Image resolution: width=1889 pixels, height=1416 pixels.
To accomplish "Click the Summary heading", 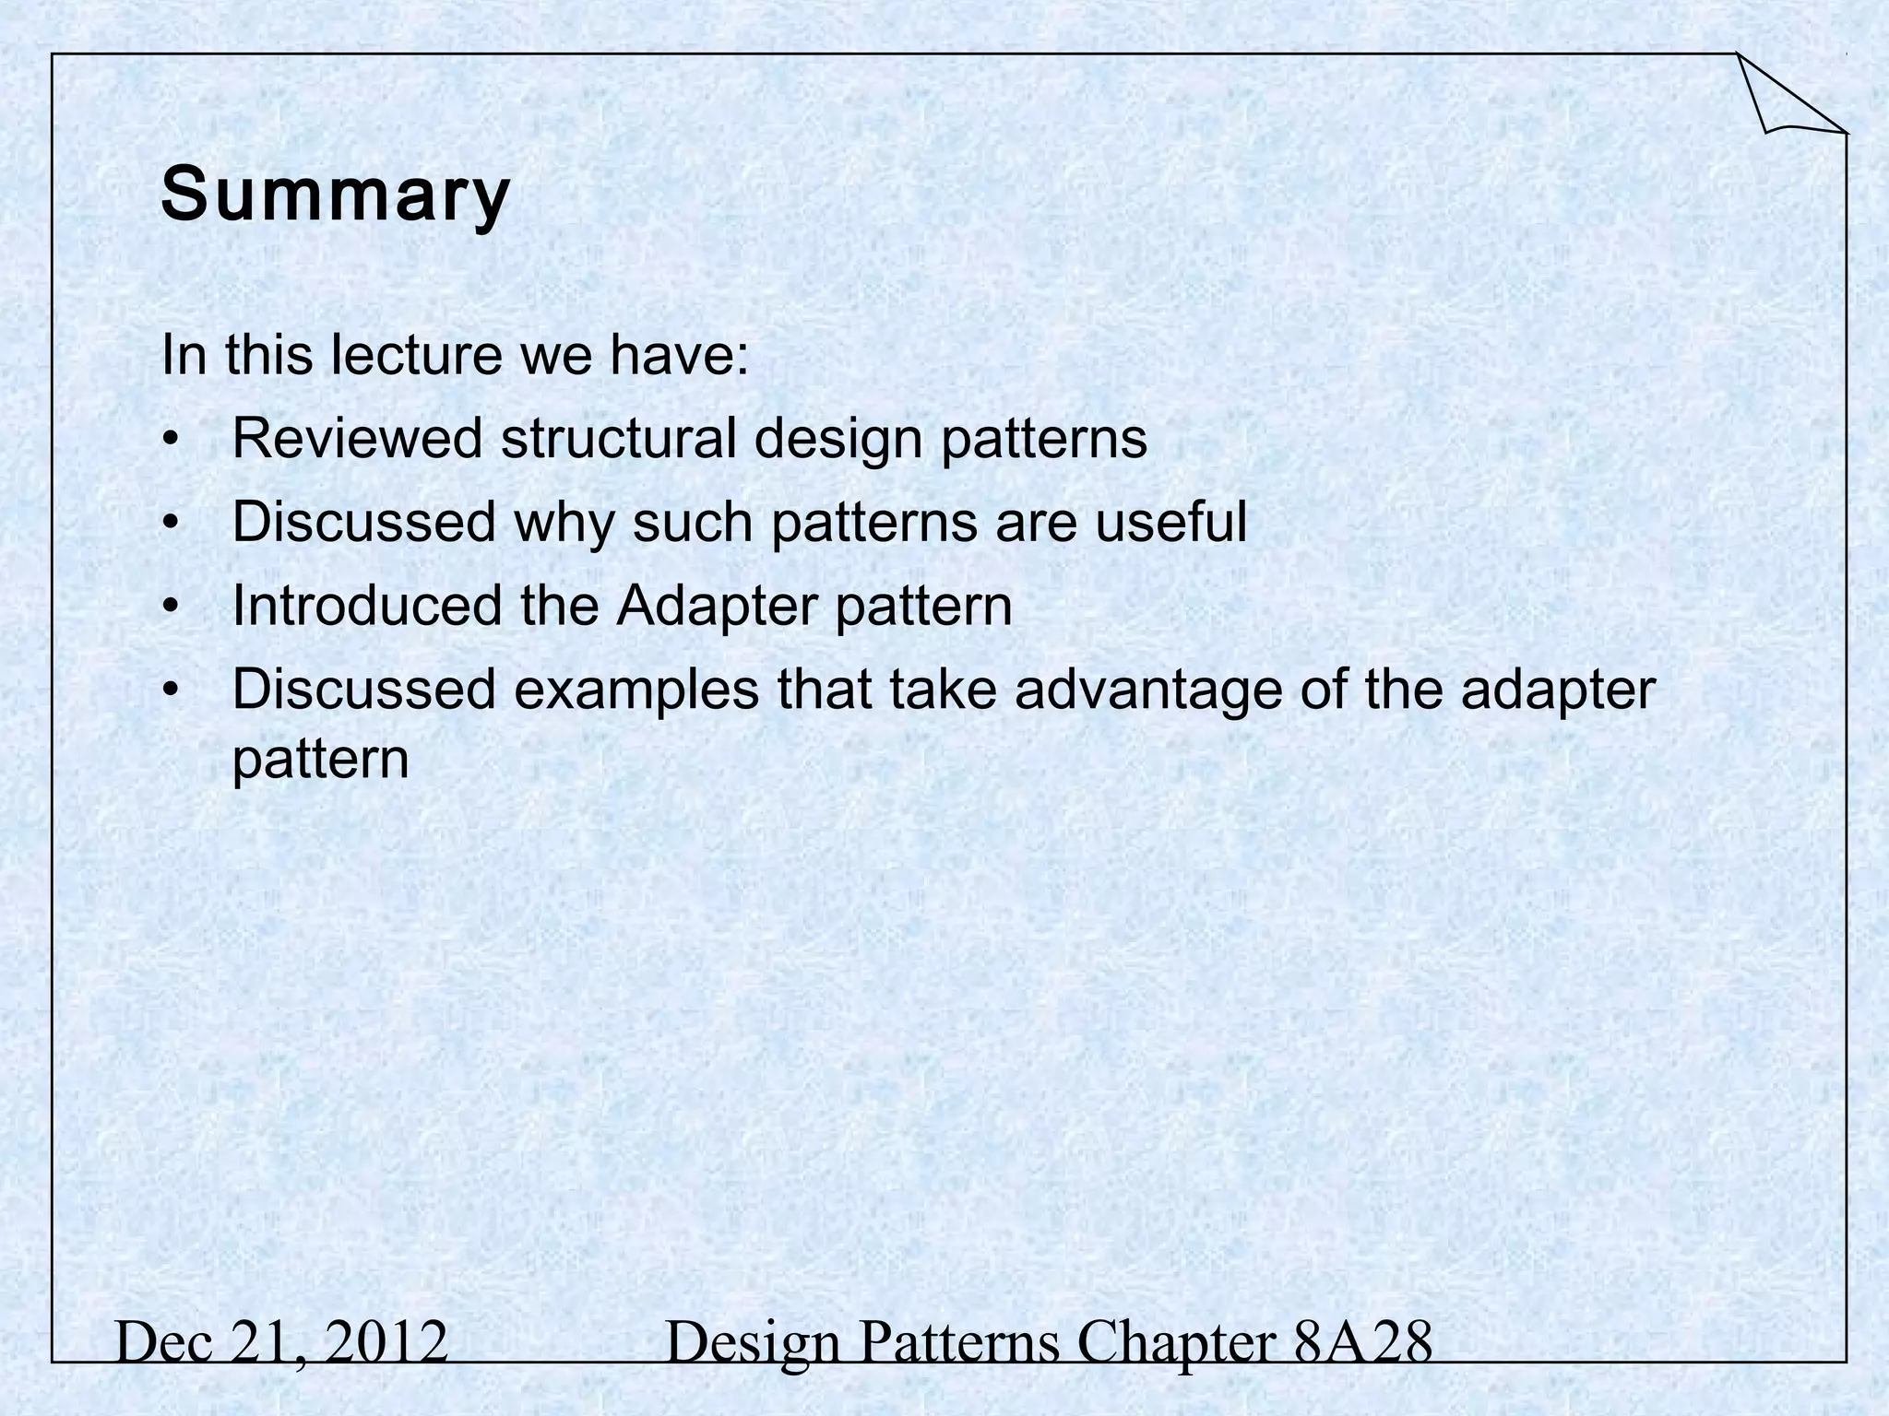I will coord(335,195).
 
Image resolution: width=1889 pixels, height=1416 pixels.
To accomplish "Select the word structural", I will coord(618,438).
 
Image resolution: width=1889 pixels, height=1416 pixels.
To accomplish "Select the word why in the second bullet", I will coord(564,524).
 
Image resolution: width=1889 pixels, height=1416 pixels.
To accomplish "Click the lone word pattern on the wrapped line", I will coord(320,760).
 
